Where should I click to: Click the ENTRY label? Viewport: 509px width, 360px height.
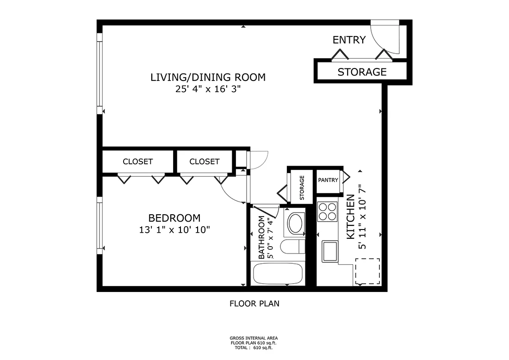coord(349,40)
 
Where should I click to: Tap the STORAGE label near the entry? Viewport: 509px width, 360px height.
coord(361,72)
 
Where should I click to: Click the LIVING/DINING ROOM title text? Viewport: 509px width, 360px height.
coord(208,77)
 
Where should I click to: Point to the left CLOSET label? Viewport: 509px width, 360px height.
coord(137,161)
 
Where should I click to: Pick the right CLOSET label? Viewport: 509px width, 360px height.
coord(204,161)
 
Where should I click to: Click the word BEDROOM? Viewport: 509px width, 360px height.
coord(174,218)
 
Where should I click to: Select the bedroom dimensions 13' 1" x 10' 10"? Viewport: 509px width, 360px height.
coord(174,230)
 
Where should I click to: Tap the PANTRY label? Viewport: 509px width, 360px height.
coord(328,180)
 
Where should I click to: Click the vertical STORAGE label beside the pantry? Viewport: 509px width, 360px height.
coord(302,187)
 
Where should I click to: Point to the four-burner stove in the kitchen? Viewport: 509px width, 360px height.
coord(327,211)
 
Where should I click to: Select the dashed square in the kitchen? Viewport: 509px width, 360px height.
coord(367,271)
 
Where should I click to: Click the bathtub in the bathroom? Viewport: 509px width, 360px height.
coord(277,274)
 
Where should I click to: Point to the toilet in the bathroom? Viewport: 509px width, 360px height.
coord(291,247)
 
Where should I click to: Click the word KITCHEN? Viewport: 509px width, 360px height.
coord(351,217)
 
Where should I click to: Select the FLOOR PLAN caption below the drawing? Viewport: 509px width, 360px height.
coord(254,304)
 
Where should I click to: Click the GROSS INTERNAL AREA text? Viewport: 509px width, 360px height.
coord(254,338)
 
